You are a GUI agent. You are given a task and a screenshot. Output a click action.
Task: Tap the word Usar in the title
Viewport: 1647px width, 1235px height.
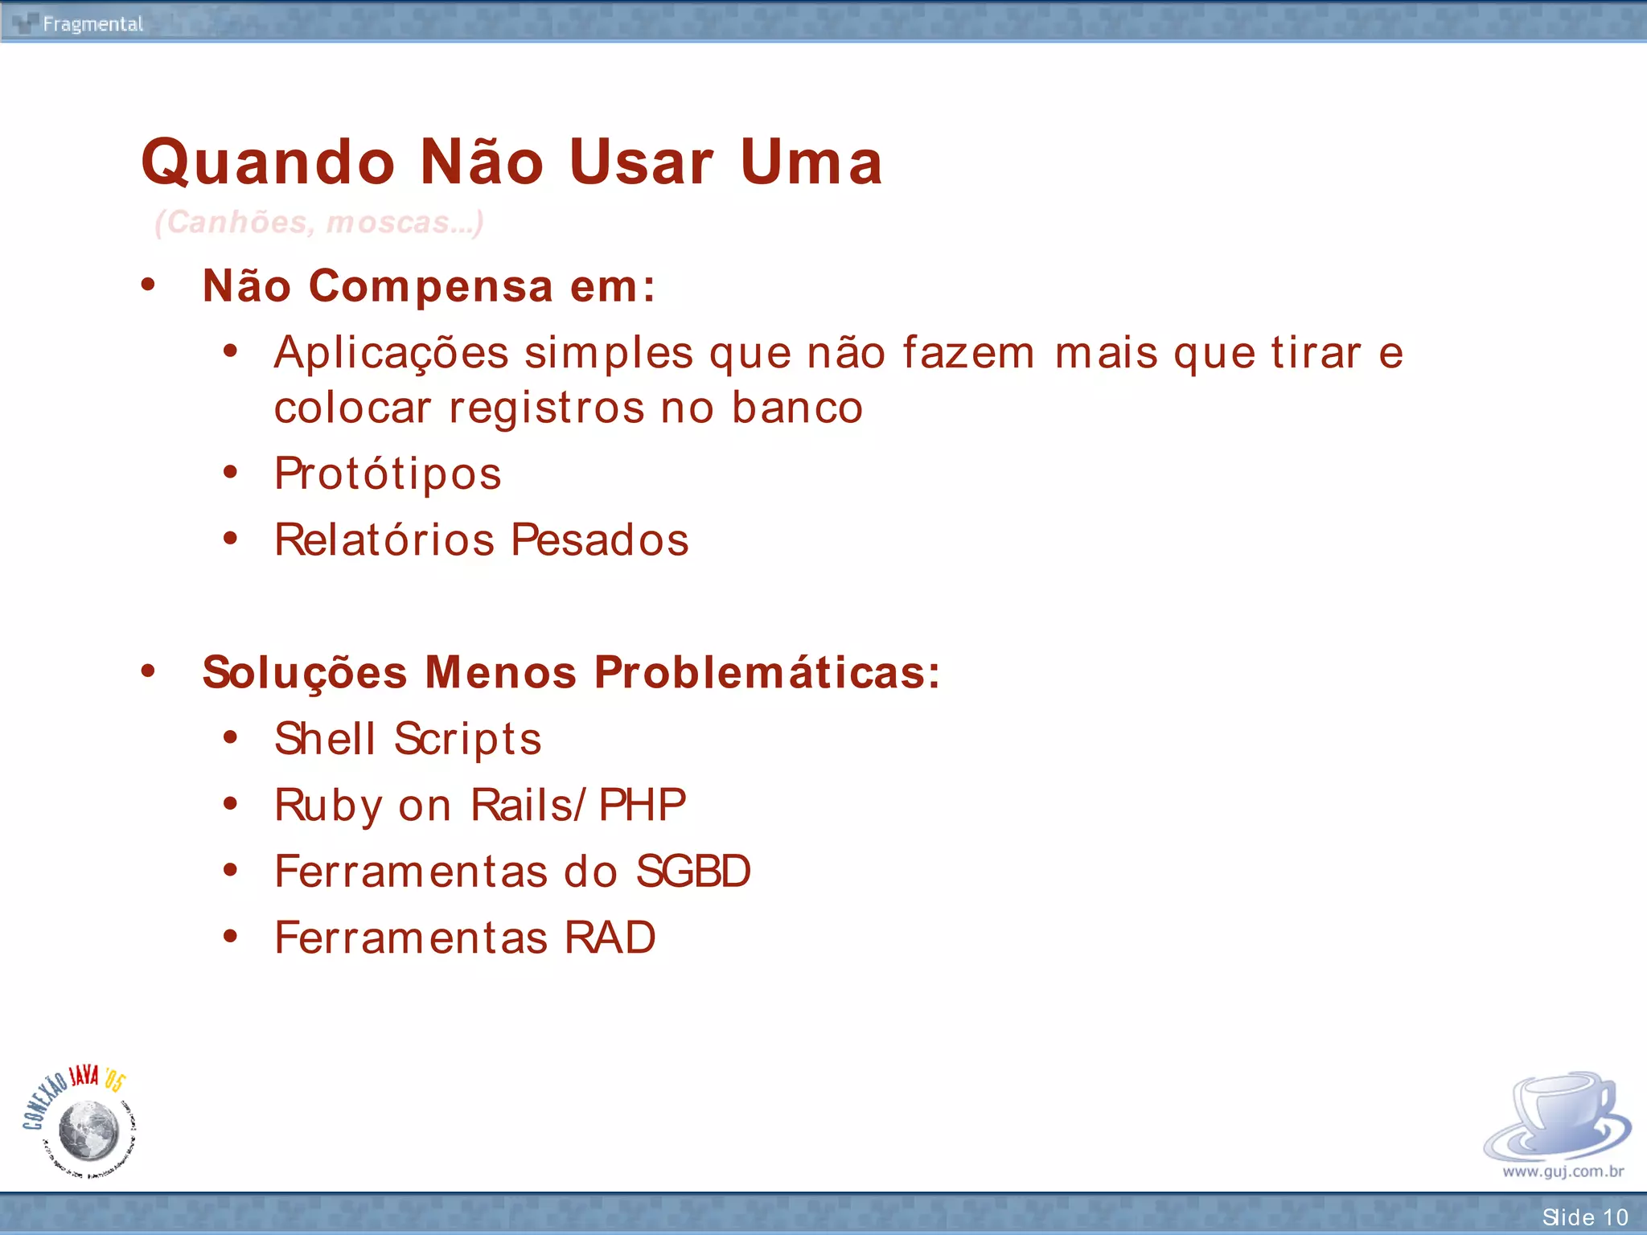point(641,162)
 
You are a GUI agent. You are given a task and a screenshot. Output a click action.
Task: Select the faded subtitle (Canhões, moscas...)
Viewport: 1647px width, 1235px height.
point(319,222)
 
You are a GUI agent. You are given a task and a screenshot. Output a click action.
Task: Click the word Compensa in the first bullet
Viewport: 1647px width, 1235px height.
point(431,286)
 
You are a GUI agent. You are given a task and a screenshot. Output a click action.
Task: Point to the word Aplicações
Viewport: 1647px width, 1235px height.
point(392,354)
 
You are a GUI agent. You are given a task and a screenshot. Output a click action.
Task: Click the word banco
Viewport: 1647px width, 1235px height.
point(797,408)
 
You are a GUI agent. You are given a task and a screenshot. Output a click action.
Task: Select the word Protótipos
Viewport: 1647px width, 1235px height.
point(388,474)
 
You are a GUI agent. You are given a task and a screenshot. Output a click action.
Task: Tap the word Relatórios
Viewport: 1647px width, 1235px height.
point(384,540)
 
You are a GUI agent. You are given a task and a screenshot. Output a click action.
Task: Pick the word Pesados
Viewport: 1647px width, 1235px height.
point(600,540)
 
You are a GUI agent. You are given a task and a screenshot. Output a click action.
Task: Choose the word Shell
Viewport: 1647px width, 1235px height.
point(325,739)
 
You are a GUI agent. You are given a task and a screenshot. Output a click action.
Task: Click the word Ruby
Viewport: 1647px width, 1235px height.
point(328,806)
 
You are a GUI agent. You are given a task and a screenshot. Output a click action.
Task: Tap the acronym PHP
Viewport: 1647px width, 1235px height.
point(643,805)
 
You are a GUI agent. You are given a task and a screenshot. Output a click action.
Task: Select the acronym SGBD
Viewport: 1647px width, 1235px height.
point(693,872)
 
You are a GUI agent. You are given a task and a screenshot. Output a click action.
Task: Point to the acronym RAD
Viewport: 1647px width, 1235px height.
point(610,938)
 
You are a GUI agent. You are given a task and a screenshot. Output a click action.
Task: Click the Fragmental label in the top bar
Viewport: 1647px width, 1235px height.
point(92,24)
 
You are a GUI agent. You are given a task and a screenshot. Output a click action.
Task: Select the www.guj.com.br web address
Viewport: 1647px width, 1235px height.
point(1563,1171)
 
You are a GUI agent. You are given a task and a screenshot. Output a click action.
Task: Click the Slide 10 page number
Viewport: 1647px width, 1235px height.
point(1584,1217)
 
